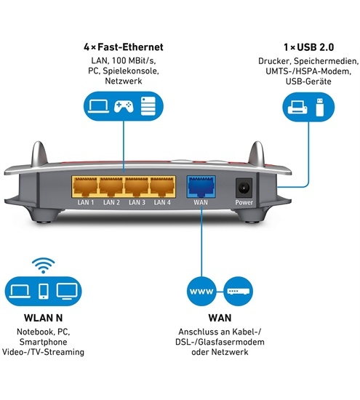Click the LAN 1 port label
[86, 203]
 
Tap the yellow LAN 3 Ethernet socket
[137, 187]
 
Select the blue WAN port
[201, 186]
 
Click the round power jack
[244, 188]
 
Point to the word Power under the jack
[244, 203]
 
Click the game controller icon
[124, 106]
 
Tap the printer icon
[297, 107]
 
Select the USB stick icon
[320, 107]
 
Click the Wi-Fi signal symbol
[44, 265]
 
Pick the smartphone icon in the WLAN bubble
[44, 291]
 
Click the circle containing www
[201, 291]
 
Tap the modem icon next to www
[239, 292]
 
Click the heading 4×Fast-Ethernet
[124, 47]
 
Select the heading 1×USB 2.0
[308, 47]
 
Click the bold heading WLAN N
[43, 318]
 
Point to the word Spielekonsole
[131, 71]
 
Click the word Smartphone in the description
[43, 342]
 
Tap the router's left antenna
[39, 154]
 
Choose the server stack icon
[148, 106]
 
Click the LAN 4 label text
[162, 203]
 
